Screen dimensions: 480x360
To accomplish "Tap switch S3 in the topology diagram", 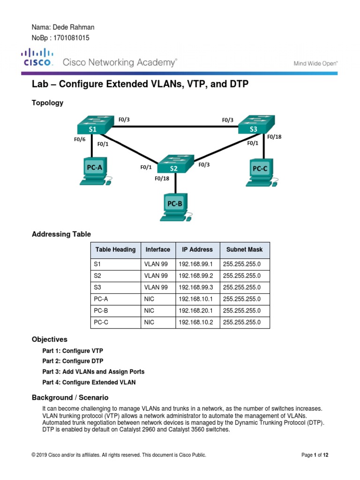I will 254,126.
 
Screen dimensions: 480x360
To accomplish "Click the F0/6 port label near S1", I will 79,139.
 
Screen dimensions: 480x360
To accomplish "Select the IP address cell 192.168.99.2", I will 195,275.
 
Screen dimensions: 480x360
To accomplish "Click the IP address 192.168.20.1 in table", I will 195,310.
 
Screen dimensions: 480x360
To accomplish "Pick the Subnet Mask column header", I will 244,250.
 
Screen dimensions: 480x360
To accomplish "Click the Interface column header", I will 157,250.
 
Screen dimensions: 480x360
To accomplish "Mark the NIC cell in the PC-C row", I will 150,322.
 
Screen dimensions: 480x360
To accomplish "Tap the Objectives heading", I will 49,339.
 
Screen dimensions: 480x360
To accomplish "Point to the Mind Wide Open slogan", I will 315,62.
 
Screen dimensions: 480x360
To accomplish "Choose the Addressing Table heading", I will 61,234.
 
